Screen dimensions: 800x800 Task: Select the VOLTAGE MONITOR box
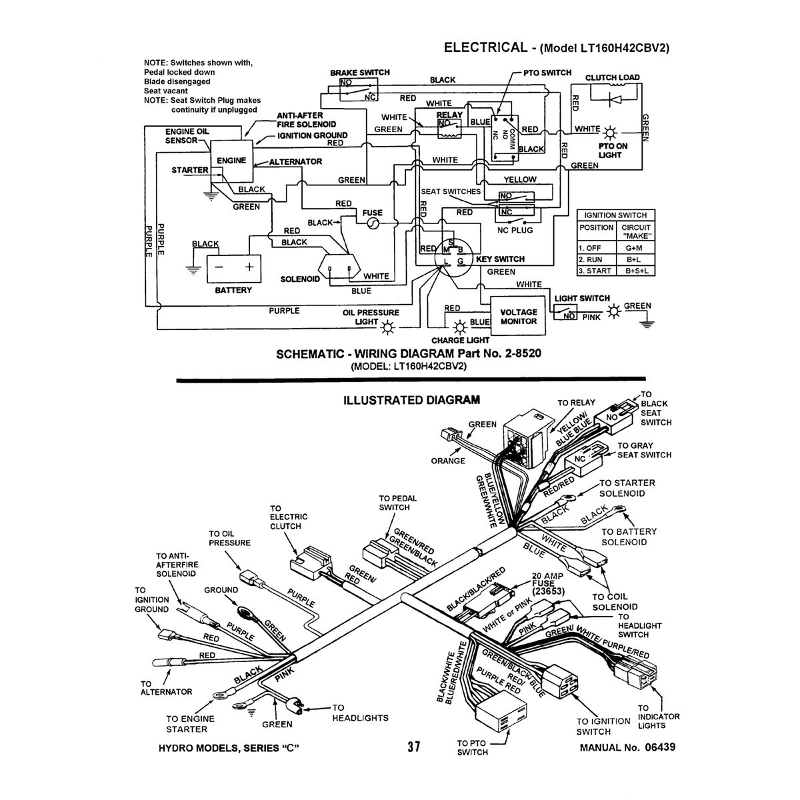(518, 316)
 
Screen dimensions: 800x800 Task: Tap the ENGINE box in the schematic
(231, 161)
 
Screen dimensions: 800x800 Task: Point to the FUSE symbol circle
(373, 225)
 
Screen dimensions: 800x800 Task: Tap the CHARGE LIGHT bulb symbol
(459, 327)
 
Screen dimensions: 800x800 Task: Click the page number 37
(413, 747)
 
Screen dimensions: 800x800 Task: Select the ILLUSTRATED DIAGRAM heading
(411, 400)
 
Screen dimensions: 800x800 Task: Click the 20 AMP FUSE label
(548, 582)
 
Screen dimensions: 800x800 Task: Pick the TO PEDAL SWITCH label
(394, 503)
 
